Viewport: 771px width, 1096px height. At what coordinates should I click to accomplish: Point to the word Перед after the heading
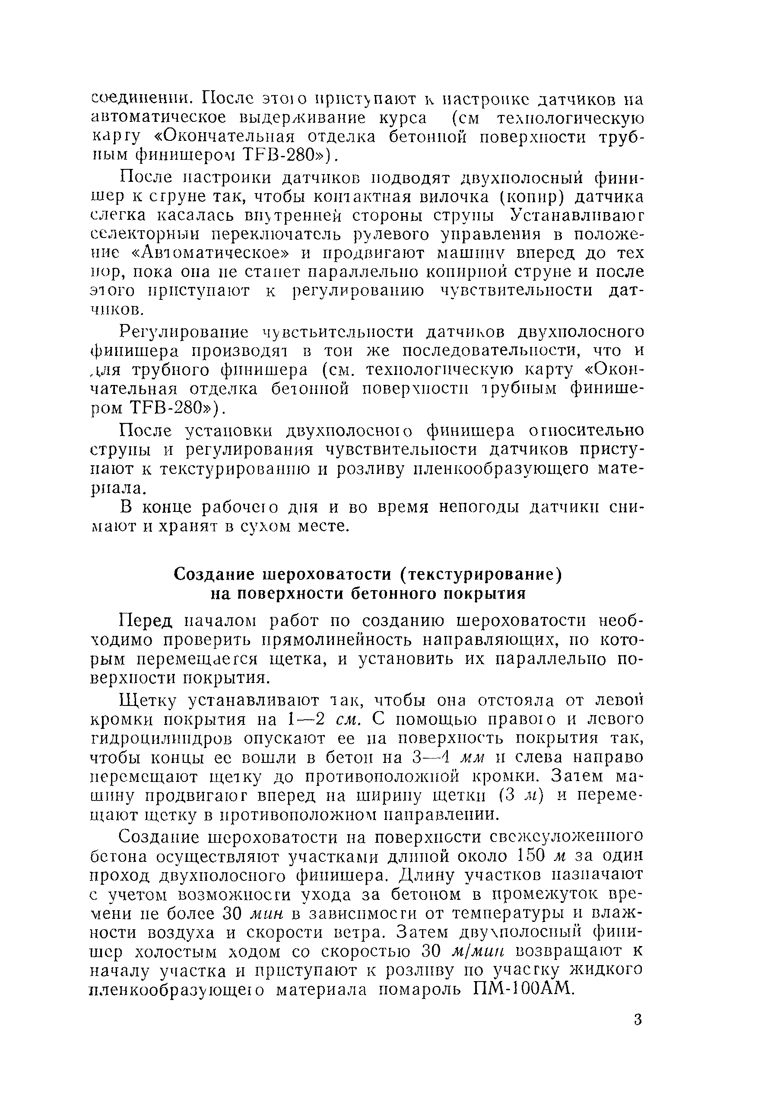coord(146,620)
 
